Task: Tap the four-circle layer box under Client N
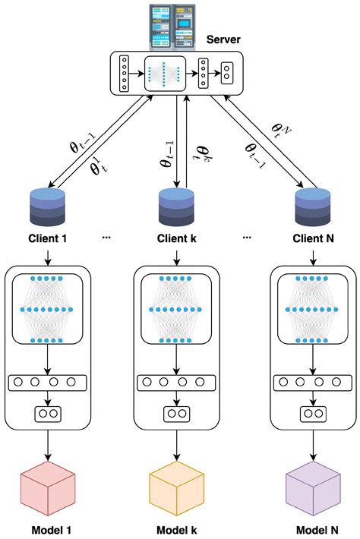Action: (x=314, y=383)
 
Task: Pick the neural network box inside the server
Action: (x=165, y=73)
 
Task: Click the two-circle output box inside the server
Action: (x=227, y=73)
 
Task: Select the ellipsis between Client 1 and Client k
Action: (x=106, y=238)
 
